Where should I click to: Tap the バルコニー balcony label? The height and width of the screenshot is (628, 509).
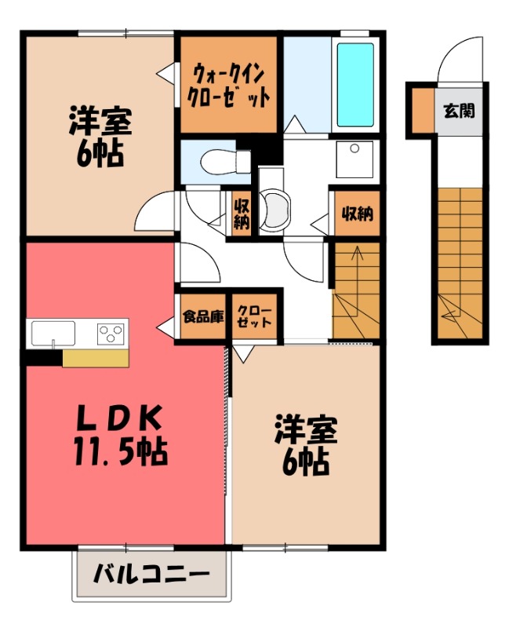tap(152, 574)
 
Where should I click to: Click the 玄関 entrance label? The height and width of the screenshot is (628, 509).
tap(459, 111)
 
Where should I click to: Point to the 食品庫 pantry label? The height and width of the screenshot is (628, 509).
tap(203, 317)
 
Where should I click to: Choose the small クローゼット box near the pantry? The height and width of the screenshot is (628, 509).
tap(253, 317)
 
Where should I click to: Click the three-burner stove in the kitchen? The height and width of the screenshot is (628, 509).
tap(111, 333)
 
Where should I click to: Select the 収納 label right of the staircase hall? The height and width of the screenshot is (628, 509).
tap(355, 213)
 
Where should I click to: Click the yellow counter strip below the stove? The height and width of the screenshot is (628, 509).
tap(95, 357)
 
